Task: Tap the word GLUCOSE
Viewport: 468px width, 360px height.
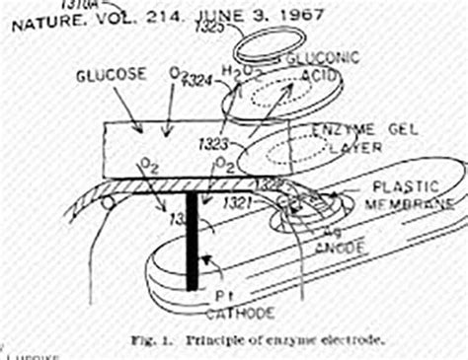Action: pyautogui.click(x=110, y=76)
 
